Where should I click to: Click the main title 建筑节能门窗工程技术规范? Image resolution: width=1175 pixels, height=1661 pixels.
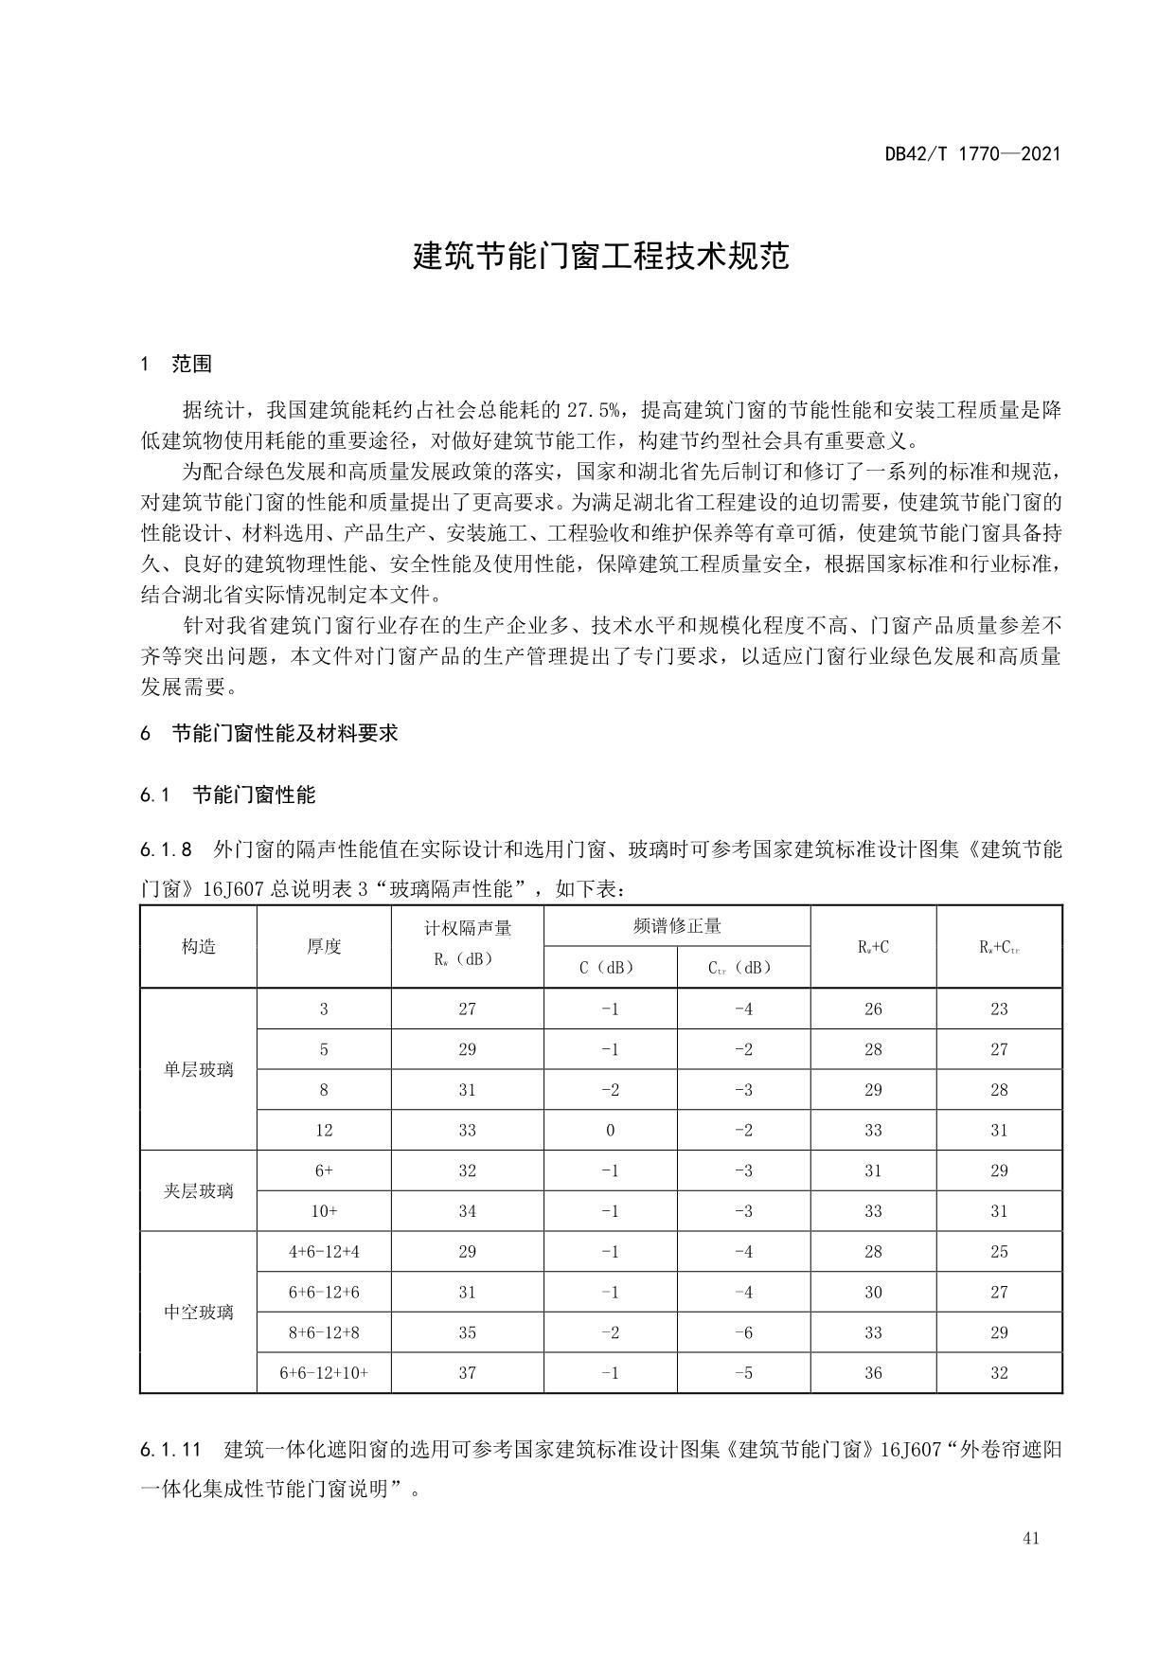tap(601, 256)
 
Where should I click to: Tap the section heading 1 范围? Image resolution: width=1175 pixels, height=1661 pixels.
tap(176, 364)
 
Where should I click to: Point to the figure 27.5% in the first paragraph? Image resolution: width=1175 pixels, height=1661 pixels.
tap(594, 410)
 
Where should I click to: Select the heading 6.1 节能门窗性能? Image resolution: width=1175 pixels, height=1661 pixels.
tap(227, 795)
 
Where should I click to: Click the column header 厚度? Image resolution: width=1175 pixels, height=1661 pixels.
tap(324, 947)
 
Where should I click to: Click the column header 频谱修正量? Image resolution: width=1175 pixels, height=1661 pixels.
tap(677, 926)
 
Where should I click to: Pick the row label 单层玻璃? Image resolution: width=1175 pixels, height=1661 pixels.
tap(199, 1069)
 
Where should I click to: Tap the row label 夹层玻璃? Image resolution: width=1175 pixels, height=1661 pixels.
tap(199, 1190)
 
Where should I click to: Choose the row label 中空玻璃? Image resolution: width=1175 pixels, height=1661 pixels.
tap(199, 1312)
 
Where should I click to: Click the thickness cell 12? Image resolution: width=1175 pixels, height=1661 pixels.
tap(324, 1130)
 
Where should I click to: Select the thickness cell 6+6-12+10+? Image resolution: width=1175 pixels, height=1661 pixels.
tap(324, 1372)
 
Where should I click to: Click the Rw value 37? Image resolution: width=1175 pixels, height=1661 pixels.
tap(468, 1372)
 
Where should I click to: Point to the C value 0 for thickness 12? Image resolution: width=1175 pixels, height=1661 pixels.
tap(611, 1130)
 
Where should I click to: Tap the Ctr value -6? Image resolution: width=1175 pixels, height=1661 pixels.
tap(744, 1332)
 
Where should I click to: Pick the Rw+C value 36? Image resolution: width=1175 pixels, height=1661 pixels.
tap(873, 1372)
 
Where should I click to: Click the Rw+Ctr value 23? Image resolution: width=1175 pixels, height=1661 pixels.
tap(999, 1009)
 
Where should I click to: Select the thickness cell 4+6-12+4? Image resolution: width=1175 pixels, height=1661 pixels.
tap(324, 1251)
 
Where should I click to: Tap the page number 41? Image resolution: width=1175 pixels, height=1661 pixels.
tap(1031, 1538)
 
